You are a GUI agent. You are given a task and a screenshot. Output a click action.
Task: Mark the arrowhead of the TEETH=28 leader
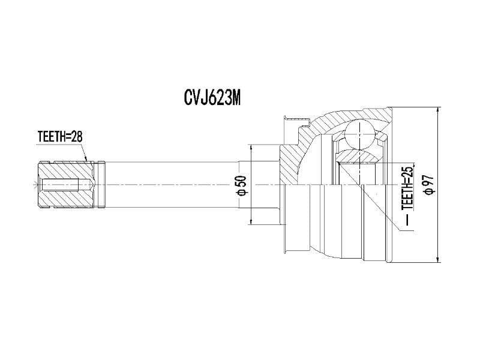point(87,160)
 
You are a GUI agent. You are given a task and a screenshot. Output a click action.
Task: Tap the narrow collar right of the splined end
point(102,184)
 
